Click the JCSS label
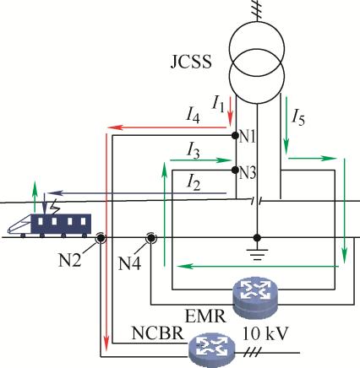click(x=191, y=62)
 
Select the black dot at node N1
click(x=235, y=136)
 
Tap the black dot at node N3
click(x=235, y=170)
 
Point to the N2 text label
click(x=69, y=260)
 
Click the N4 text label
click(x=129, y=263)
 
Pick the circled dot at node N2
click(x=101, y=238)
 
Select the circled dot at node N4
click(x=151, y=238)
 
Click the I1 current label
click(x=218, y=104)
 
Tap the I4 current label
click(x=193, y=116)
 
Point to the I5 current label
click(x=298, y=117)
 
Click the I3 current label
click(x=194, y=151)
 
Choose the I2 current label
click(x=194, y=183)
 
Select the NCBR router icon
click(x=211, y=349)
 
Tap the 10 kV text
click(x=265, y=333)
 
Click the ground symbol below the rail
click(x=257, y=255)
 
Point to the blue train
click(x=50, y=225)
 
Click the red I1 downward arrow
click(x=231, y=111)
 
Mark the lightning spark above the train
click(x=55, y=207)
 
